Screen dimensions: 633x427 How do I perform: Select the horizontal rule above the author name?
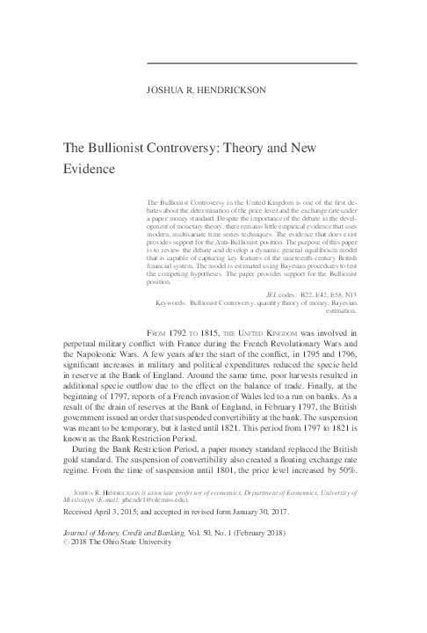point(250,63)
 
